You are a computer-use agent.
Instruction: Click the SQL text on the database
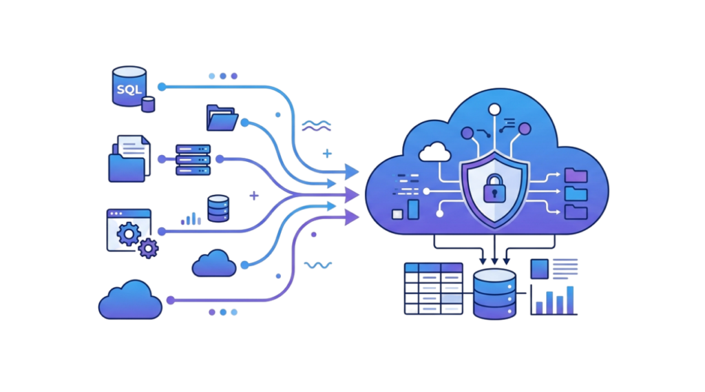pos(128,88)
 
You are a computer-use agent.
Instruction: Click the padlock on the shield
pos(494,187)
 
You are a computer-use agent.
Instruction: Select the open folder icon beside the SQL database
pos(222,118)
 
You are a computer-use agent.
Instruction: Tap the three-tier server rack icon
pos(193,159)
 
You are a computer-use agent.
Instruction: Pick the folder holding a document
pos(128,159)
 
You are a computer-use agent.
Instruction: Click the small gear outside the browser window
pos(148,247)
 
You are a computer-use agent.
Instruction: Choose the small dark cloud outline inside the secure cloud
pos(434,151)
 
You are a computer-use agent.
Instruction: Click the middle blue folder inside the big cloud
pos(576,194)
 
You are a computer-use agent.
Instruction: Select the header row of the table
pos(433,267)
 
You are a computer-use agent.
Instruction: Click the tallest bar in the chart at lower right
pos(569,299)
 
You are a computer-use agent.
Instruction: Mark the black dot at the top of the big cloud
pos(494,108)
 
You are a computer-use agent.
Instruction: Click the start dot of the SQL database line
pos(161,87)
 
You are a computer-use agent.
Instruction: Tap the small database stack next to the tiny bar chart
pos(218,209)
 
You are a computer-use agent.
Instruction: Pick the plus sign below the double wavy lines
pos(328,153)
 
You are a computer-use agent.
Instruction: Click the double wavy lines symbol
pos(317,125)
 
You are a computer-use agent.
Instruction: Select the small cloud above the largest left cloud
pos(214,263)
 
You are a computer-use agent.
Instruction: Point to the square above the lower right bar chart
pos(540,269)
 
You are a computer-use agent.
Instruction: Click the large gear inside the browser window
pos(129,234)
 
